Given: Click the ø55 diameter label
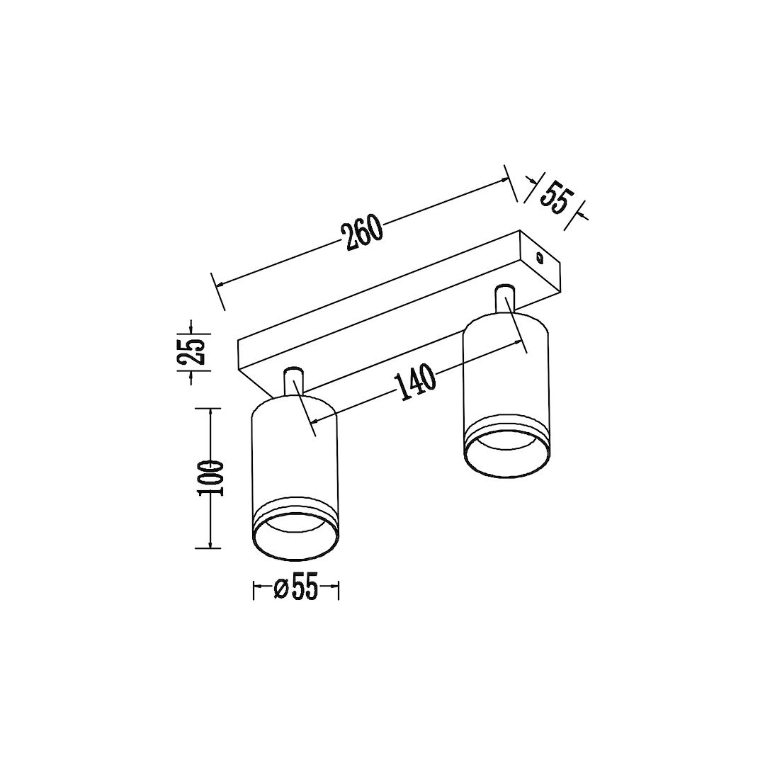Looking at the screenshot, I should [x=295, y=589].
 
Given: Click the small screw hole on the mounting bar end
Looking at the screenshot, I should [x=539, y=257].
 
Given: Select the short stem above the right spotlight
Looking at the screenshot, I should [x=505, y=297].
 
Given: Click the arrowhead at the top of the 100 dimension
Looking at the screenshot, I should [x=210, y=412].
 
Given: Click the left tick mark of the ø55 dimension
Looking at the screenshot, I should [x=254, y=589].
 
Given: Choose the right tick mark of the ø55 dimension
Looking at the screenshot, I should [x=338, y=589].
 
